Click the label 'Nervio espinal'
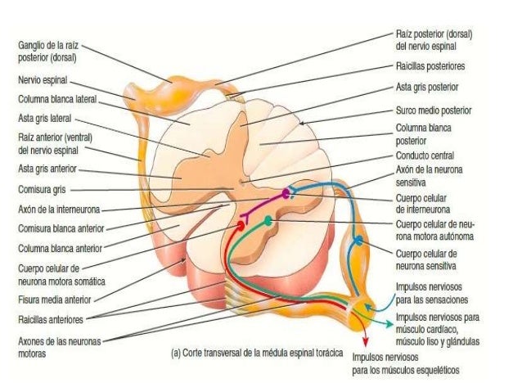click(x=43, y=82)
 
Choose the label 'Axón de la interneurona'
click(x=55, y=208)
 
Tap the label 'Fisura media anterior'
click(x=53, y=300)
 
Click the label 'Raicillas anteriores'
click(x=51, y=319)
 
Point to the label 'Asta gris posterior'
click(x=427, y=86)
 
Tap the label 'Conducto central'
click(x=425, y=155)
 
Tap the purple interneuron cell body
click(x=286, y=193)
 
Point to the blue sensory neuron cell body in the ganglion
click(x=358, y=241)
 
